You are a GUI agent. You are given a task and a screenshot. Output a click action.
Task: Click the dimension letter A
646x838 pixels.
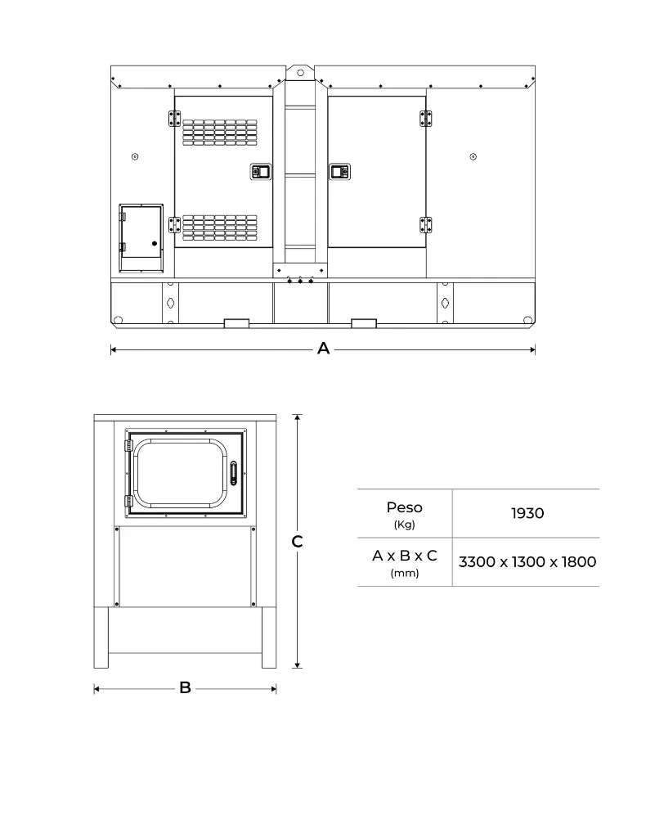323,349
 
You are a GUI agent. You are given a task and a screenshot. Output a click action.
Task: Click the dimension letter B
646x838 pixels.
185,688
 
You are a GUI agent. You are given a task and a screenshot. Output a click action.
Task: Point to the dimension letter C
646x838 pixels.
298,542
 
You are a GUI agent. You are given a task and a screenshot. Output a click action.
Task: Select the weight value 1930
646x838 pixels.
527,513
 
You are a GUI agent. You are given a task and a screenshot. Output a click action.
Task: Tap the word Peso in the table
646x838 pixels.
404,508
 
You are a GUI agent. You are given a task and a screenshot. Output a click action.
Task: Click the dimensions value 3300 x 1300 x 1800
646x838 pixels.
527,562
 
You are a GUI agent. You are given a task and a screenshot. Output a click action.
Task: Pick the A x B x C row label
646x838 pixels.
404,556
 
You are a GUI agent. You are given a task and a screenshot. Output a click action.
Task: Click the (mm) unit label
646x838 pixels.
404,574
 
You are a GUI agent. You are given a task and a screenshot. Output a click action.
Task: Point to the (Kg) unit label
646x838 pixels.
404,525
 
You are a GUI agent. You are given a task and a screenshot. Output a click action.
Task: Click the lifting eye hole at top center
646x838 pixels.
300,72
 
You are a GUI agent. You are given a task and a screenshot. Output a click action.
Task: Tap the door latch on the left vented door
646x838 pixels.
260,171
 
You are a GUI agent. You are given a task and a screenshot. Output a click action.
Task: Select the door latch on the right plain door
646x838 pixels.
339,171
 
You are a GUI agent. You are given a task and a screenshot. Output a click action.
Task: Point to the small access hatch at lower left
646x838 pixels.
141,238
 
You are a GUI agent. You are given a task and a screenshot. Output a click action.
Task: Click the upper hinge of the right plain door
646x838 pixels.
425,119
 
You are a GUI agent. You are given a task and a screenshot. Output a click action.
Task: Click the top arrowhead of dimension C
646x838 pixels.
298,417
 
